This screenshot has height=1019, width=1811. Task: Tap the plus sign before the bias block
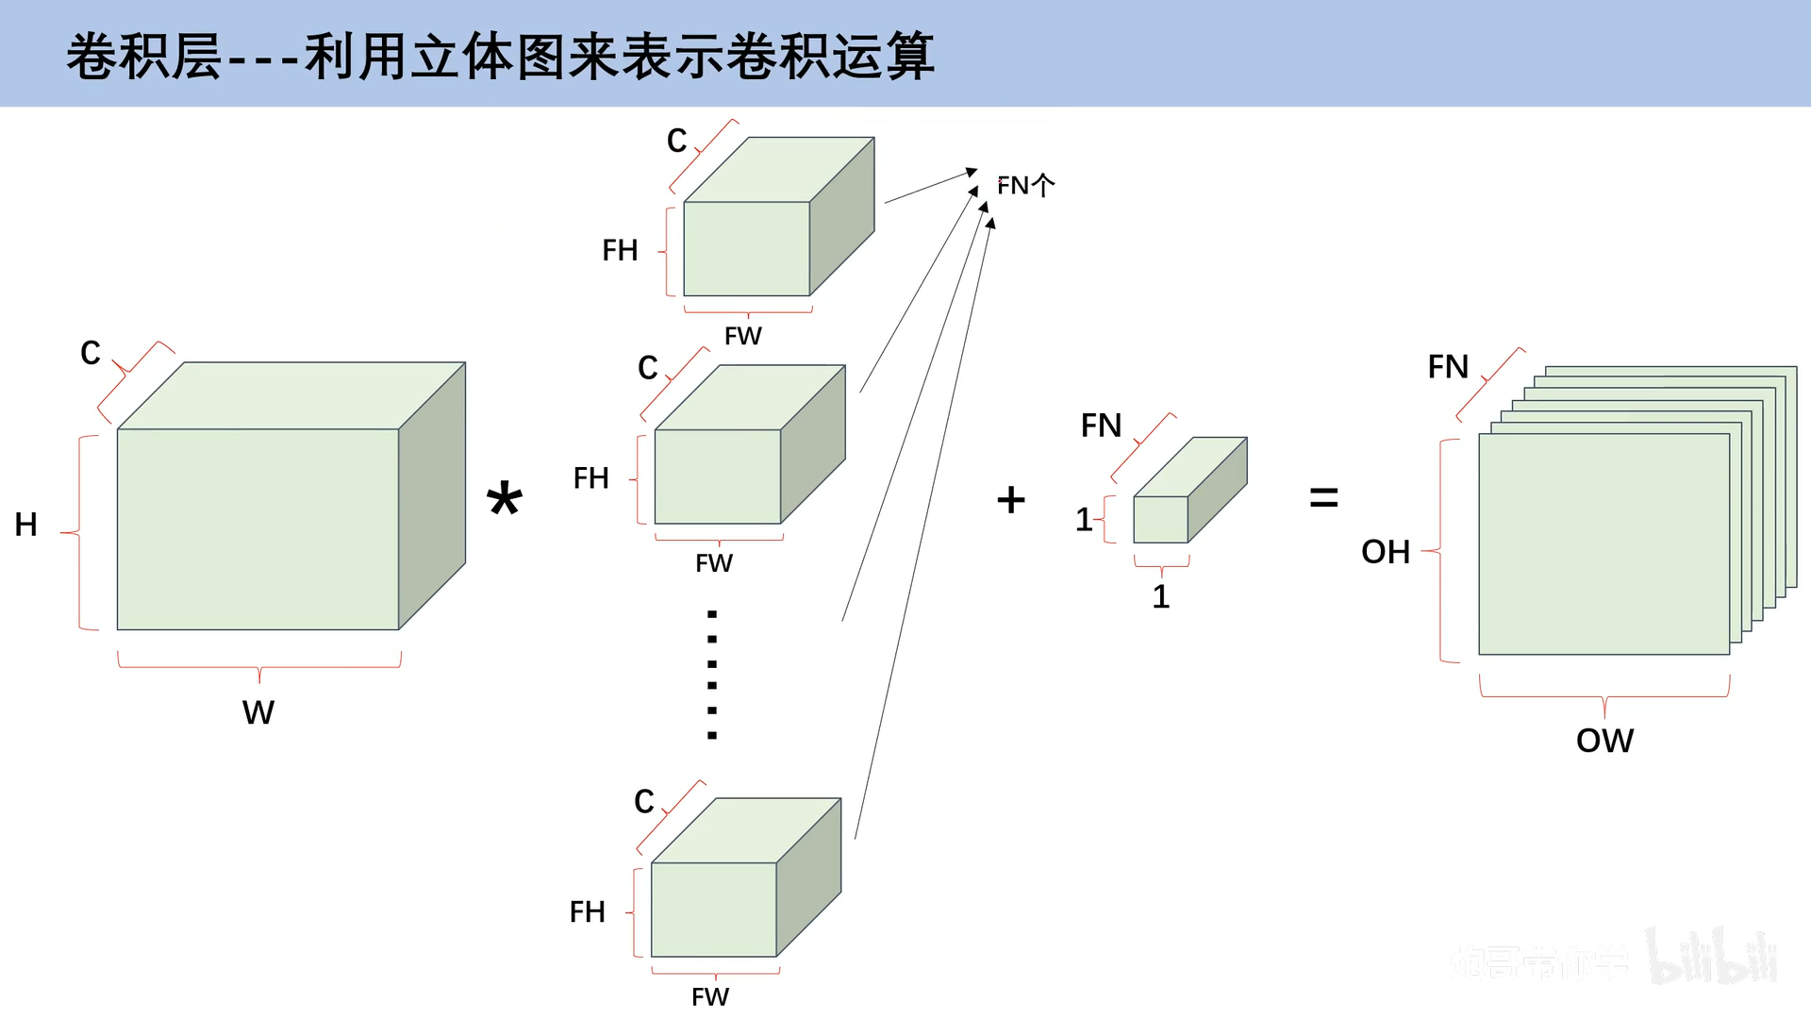click(x=1010, y=499)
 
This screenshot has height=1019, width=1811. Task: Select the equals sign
click(x=1323, y=497)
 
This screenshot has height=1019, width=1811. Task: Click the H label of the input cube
click(x=25, y=525)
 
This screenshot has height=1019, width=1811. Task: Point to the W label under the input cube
click(x=258, y=712)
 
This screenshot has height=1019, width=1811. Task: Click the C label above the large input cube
click(x=91, y=353)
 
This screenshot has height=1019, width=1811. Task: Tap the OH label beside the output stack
click(x=1385, y=552)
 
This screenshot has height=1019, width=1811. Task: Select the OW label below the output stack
click(x=1604, y=741)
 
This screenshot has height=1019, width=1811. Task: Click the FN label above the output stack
click(x=1448, y=366)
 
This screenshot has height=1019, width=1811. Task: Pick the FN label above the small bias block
click(x=1101, y=426)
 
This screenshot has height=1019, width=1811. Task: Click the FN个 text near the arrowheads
click(x=1025, y=185)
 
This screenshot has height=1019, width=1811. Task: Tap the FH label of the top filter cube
click(x=620, y=250)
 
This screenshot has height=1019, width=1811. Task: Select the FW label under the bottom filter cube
click(x=710, y=997)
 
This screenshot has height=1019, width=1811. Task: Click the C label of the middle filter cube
click(x=647, y=367)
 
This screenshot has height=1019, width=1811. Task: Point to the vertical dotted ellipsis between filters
click(x=712, y=675)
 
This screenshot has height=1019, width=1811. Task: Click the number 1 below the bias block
click(x=1161, y=596)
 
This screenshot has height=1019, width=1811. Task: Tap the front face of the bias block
click(x=1160, y=519)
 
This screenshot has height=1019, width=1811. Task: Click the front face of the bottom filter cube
click(x=713, y=910)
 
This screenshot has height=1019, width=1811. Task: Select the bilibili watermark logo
click(x=1712, y=957)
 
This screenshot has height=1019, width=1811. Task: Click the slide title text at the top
click(x=500, y=56)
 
